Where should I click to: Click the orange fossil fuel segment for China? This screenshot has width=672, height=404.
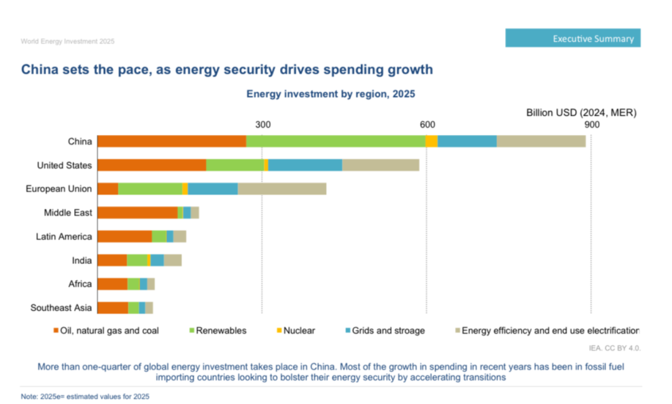(x=172, y=141)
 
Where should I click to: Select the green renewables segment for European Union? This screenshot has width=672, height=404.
(x=150, y=189)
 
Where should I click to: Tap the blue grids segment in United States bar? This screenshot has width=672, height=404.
(x=305, y=165)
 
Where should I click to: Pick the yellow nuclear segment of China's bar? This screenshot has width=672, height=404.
(x=431, y=141)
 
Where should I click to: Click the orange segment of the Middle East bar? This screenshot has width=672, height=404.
(x=138, y=212)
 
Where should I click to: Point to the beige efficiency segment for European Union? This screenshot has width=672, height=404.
(x=282, y=189)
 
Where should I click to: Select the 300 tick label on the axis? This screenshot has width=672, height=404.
(x=263, y=124)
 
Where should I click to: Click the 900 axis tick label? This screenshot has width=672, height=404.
(x=591, y=124)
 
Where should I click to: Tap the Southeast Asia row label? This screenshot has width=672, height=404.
(x=61, y=308)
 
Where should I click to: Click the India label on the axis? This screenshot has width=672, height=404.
(x=82, y=260)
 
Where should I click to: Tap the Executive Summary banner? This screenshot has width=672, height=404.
(x=572, y=38)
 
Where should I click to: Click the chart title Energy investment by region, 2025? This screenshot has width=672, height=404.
(x=330, y=94)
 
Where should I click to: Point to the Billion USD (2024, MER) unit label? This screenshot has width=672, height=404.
(x=581, y=113)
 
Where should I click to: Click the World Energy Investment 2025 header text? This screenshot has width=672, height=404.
(x=67, y=41)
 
